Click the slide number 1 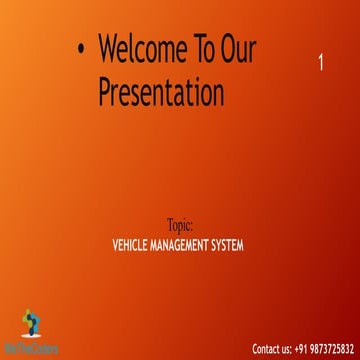[x=320, y=62]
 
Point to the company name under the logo [x=31, y=349]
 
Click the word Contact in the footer [x=267, y=349]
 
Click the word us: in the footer [x=287, y=349]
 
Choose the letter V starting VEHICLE [x=120, y=244]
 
